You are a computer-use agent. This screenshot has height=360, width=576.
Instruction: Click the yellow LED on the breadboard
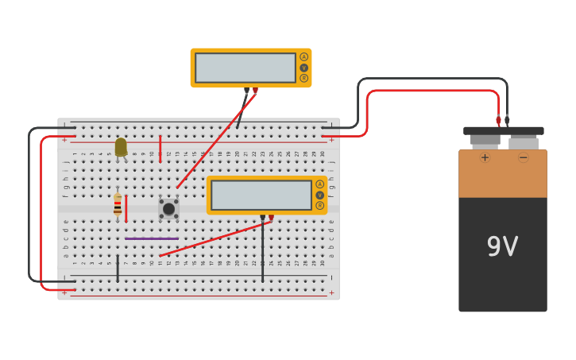coord(121,147)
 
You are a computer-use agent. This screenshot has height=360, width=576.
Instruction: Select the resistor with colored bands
coord(118,205)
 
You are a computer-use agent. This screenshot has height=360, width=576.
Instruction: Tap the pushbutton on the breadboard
coord(168,209)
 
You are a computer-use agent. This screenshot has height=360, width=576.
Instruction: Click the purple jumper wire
coord(151,238)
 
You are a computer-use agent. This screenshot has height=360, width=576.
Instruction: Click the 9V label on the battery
coord(502,247)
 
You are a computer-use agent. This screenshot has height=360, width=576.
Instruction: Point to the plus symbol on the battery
coord(485,157)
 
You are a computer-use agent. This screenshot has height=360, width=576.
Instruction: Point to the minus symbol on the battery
coord(523,157)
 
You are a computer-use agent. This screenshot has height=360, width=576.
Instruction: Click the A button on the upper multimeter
coord(303,56)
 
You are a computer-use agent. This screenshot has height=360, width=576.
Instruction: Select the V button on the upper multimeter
coord(303,68)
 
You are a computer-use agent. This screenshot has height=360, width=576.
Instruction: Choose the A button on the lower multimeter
coord(319,184)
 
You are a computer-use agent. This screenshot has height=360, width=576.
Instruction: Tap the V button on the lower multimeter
coord(319,195)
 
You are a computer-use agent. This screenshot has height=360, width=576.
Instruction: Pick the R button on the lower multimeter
coord(319,205)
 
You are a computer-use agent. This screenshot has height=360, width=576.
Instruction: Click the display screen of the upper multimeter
coord(245,68)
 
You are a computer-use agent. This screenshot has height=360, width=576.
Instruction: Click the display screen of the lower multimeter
coord(261,195)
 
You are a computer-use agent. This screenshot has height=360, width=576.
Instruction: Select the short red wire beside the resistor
coord(126,208)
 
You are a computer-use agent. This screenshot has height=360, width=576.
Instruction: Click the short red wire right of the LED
coord(160,149)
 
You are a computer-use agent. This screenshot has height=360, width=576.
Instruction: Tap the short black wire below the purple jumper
coord(118,268)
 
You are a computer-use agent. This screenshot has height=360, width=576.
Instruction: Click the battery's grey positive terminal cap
coord(485,140)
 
